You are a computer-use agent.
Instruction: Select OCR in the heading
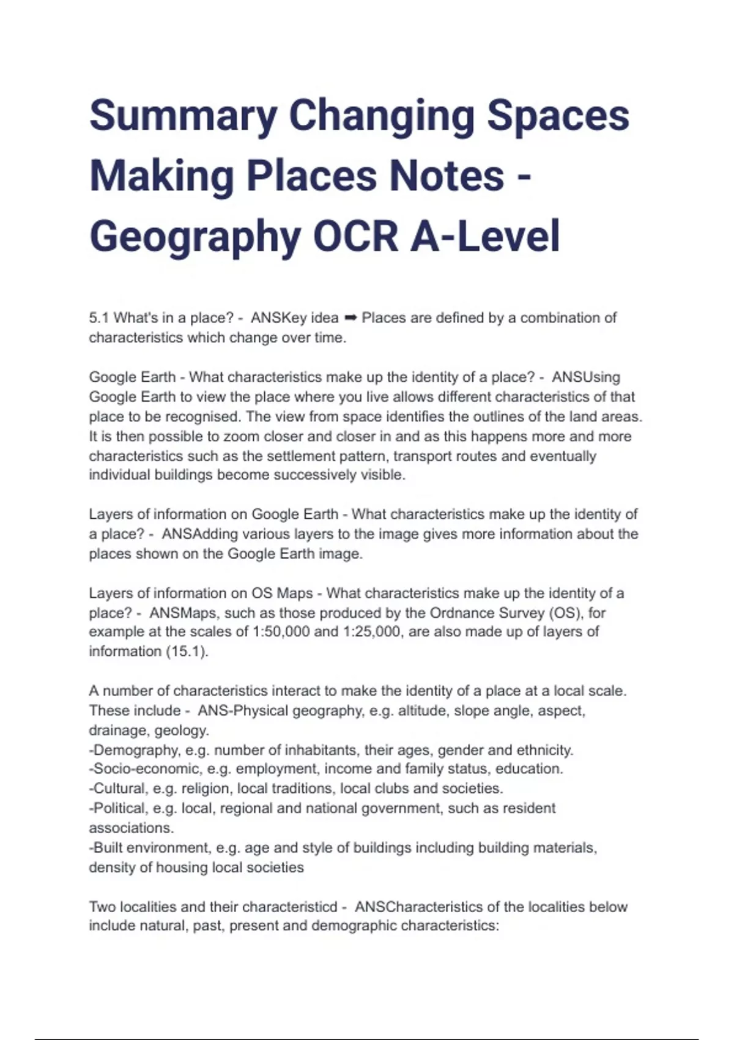(x=355, y=237)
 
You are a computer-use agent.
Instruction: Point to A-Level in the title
(x=485, y=237)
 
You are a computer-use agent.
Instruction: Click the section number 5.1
(x=99, y=318)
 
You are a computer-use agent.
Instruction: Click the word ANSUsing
(x=586, y=377)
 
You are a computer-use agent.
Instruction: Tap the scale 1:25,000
(x=372, y=632)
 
